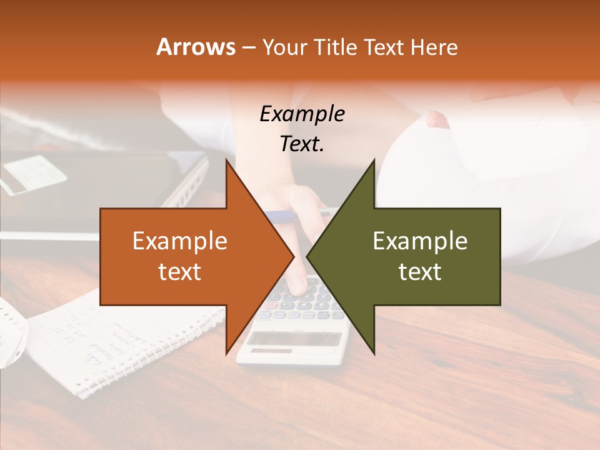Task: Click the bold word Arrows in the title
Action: click(x=196, y=47)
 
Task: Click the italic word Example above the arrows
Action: click(x=302, y=114)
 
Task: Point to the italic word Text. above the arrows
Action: click(x=302, y=144)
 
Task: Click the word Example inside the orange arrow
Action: click(x=180, y=241)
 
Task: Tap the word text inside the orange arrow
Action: click(x=180, y=272)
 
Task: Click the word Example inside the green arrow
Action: click(x=420, y=241)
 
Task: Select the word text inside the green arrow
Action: click(x=420, y=272)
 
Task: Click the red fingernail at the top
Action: click(x=437, y=119)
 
